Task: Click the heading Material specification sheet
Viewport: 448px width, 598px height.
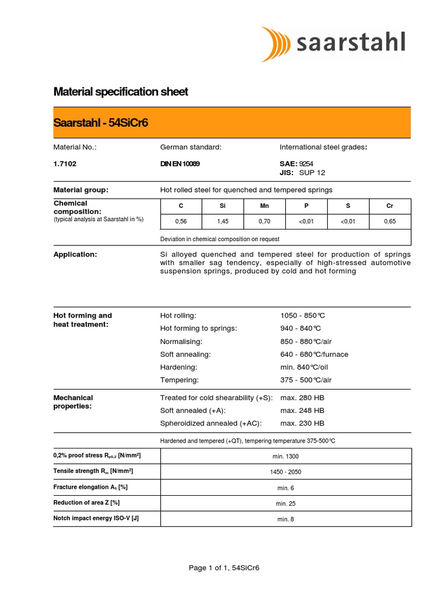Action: (121, 92)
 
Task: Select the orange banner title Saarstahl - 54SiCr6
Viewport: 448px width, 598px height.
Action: (104, 123)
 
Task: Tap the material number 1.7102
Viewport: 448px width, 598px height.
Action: (65, 164)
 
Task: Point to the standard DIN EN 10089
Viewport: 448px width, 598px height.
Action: (180, 164)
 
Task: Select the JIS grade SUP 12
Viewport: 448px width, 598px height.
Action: (312, 173)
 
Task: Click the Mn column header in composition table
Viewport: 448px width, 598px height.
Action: (264, 206)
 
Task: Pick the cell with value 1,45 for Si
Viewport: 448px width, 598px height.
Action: (222, 221)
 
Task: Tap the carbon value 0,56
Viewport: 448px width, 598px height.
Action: (181, 221)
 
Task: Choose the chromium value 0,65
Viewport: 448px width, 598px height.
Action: (390, 221)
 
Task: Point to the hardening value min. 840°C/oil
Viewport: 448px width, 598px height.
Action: (306, 367)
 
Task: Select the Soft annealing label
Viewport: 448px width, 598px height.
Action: (185, 354)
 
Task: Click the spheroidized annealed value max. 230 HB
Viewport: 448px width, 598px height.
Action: (302, 423)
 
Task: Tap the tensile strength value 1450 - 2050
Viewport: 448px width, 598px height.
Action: (285, 472)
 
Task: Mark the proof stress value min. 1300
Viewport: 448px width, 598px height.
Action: (285, 456)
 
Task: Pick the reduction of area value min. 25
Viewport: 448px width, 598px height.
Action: (285, 503)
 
